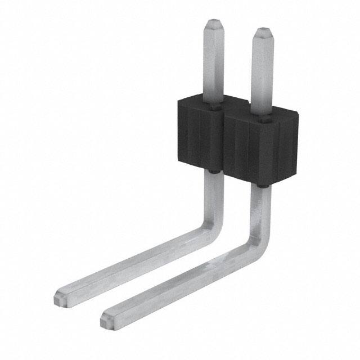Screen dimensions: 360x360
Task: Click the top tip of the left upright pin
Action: point(214,24)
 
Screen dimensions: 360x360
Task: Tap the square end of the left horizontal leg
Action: point(62,296)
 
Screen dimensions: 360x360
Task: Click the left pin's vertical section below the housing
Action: point(214,194)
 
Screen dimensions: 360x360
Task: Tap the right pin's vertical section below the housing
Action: point(263,208)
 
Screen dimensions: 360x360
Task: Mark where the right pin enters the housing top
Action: point(263,117)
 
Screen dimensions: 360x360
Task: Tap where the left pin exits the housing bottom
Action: point(214,171)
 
